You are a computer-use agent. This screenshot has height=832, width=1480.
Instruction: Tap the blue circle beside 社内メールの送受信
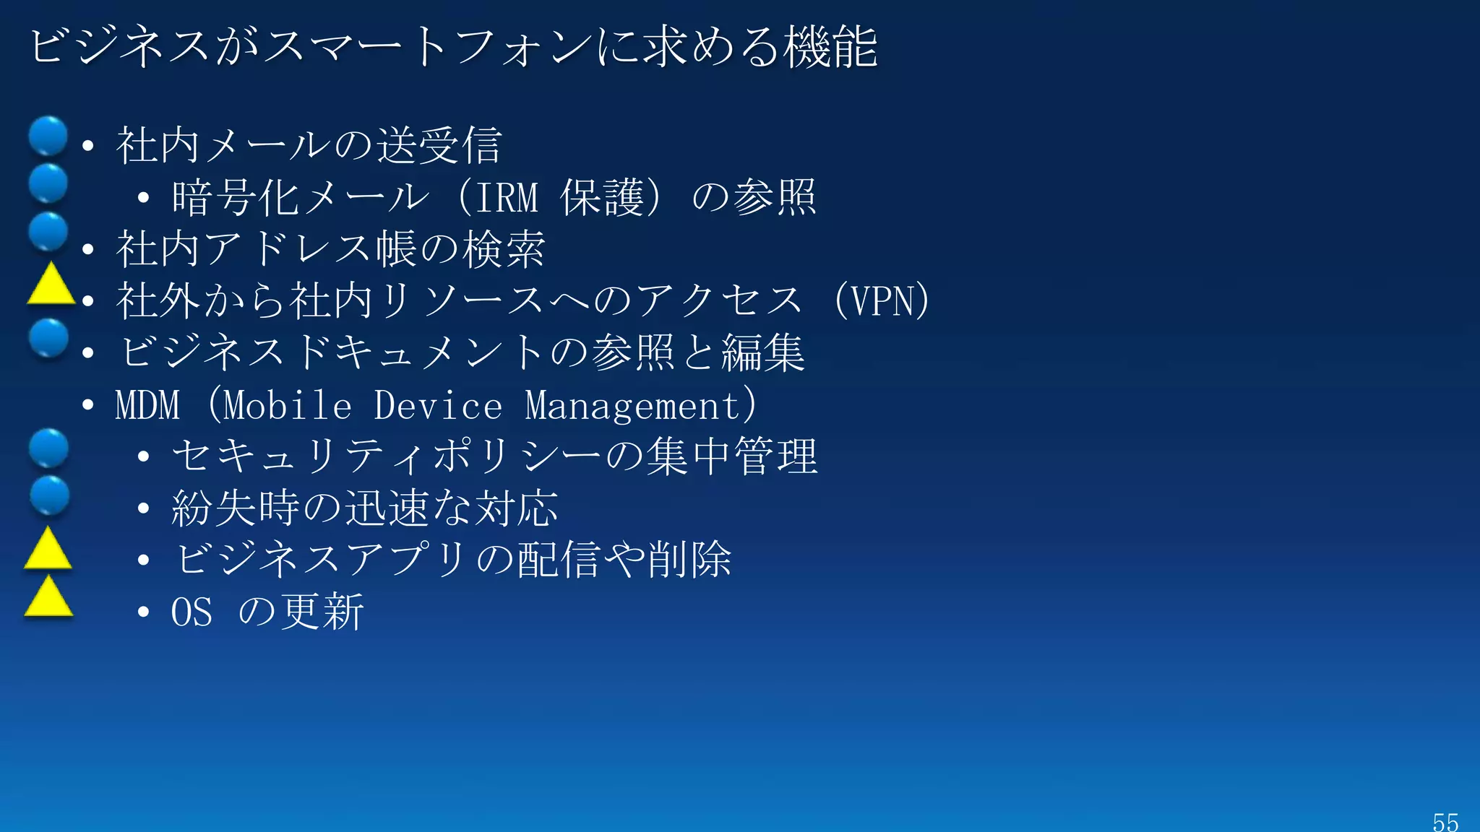click(x=48, y=136)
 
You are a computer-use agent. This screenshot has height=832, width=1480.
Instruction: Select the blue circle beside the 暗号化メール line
click(x=48, y=183)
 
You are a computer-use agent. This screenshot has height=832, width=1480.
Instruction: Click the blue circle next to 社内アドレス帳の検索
click(x=48, y=231)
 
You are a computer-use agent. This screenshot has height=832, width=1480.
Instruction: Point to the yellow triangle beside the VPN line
click(x=51, y=286)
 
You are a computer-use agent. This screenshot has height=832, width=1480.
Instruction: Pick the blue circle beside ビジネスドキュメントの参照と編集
click(x=48, y=338)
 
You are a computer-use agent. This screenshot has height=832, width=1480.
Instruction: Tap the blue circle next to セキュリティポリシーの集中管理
click(x=48, y=448)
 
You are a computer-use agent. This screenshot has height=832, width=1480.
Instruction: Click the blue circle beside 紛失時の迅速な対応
click(x=49, y=495)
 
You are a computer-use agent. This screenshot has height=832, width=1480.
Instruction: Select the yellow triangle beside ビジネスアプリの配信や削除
click(x=48, y=550)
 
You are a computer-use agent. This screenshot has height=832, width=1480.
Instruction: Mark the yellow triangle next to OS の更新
click(x=48, y=598)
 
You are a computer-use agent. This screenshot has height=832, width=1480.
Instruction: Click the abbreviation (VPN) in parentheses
click(x=882, y=300)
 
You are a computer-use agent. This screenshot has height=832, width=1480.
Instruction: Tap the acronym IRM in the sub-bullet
click(x=507, y=197)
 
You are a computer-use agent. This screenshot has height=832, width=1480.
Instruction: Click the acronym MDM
click(x=147, y=405)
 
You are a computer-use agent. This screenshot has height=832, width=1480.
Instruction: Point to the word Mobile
click(x=288, y=405)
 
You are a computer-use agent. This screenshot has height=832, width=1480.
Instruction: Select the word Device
click(x=438, y=405)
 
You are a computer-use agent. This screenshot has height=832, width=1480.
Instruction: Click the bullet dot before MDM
click(x=88, y=405)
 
